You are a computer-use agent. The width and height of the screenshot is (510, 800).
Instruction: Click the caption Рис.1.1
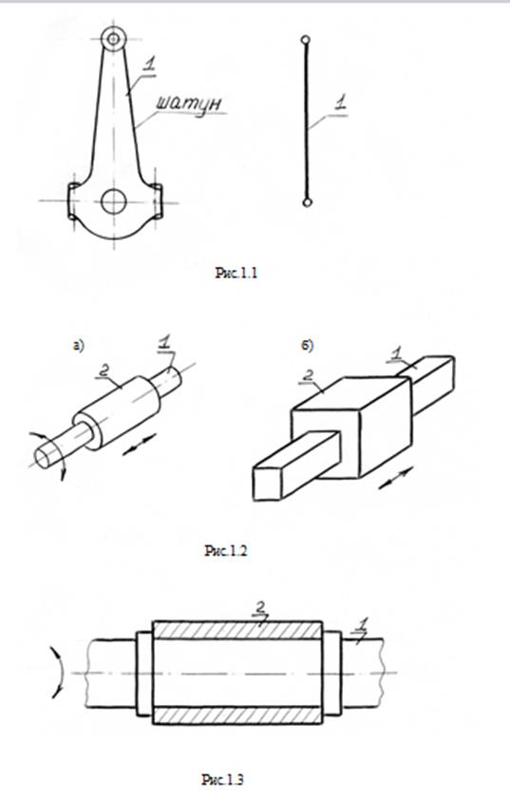(236, 273)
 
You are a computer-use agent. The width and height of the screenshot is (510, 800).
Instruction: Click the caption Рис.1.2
(225, 550)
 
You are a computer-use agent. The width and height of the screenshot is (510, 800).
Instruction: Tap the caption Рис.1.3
(222, 780)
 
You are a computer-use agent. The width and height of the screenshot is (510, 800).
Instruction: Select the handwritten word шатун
(188, 104)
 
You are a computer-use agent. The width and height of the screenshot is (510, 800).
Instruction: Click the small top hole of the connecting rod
(113, 39)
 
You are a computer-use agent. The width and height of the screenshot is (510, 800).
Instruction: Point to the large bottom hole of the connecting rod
(113, 201)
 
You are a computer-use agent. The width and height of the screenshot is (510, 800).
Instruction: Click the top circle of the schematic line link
(305, 39)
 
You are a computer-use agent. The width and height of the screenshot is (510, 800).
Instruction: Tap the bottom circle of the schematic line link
(307, 202)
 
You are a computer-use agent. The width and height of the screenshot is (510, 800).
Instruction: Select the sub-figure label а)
(79, 346)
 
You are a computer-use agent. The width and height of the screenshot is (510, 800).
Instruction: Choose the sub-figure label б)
(308, 346)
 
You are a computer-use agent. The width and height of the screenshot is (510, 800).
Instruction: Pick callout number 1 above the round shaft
(164, 343)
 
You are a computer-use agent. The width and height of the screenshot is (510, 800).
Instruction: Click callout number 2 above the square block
(308, 375)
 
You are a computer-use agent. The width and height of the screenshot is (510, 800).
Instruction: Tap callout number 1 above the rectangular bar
(397, 353)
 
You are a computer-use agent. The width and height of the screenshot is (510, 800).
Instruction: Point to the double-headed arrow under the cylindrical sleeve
(140, 444)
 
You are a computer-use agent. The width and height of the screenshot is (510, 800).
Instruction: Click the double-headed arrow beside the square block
(396, 479)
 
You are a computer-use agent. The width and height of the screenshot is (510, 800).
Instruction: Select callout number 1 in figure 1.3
(363, 624)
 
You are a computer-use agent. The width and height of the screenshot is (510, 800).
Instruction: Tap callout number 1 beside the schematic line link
(340, 102)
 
